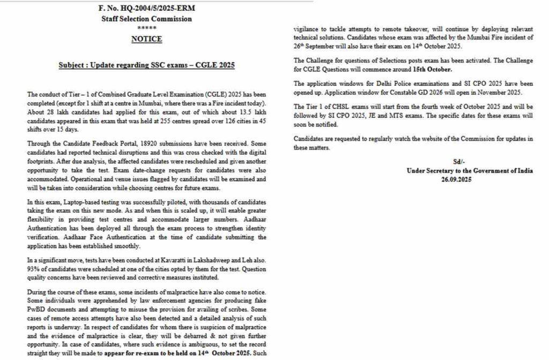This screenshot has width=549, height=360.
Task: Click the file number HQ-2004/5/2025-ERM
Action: [x=146, y=9]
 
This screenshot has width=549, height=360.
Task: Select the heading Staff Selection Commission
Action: [x=146, y=19]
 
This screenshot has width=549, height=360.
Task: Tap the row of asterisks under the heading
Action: [x=146, y=28]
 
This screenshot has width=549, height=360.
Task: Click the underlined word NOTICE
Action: [x=146, y=39]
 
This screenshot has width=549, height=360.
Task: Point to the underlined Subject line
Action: [x=146, y=65]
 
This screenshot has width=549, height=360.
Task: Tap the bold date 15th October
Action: [x=433, y=70]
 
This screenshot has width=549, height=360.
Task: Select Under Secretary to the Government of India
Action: [x=470, y=171]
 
